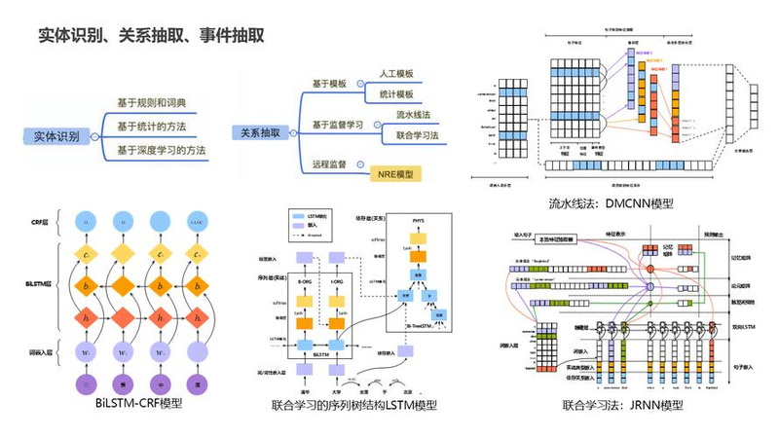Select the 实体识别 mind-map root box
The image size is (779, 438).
(56, 137)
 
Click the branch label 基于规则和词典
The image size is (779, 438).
(151, 103)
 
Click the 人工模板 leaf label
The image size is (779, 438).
(396, 74)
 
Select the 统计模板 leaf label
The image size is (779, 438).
(396, 94)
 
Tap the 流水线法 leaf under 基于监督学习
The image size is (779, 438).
(413, 115)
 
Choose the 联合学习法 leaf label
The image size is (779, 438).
(418, 135)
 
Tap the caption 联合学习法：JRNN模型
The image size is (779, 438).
(623, 404)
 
